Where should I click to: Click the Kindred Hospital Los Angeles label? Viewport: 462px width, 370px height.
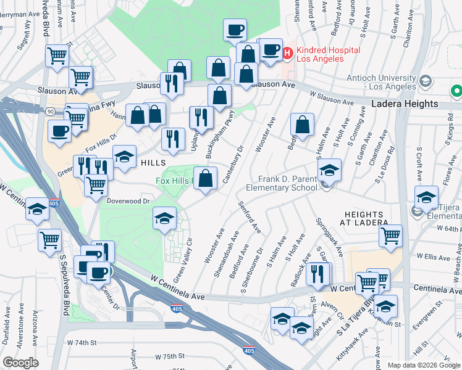tap(321, 53)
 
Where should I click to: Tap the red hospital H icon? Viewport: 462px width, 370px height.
tap(287, 54)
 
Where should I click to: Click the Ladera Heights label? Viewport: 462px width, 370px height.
tap(405, 104)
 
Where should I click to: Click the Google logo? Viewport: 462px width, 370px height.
tap(20, 363)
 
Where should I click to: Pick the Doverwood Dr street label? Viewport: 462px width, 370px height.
tap(129, 201)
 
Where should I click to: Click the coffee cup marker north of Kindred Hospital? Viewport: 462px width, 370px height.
tap(235, 30)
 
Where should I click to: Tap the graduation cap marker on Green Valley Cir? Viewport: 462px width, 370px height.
tap(165, 218)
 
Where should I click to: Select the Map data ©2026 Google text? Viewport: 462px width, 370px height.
tap(423, 364)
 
